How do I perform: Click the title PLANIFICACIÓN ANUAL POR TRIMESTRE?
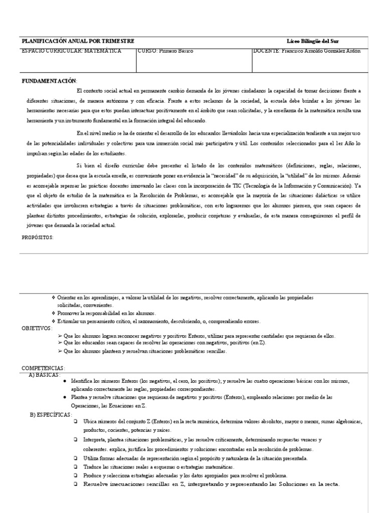77,41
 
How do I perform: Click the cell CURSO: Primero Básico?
165,51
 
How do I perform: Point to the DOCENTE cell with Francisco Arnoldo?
307,51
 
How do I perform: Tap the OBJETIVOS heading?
37,328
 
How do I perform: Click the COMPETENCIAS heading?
43,368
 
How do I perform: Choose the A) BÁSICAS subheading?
46,375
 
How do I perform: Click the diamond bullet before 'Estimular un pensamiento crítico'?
53,321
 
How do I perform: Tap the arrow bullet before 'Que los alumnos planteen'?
60,352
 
